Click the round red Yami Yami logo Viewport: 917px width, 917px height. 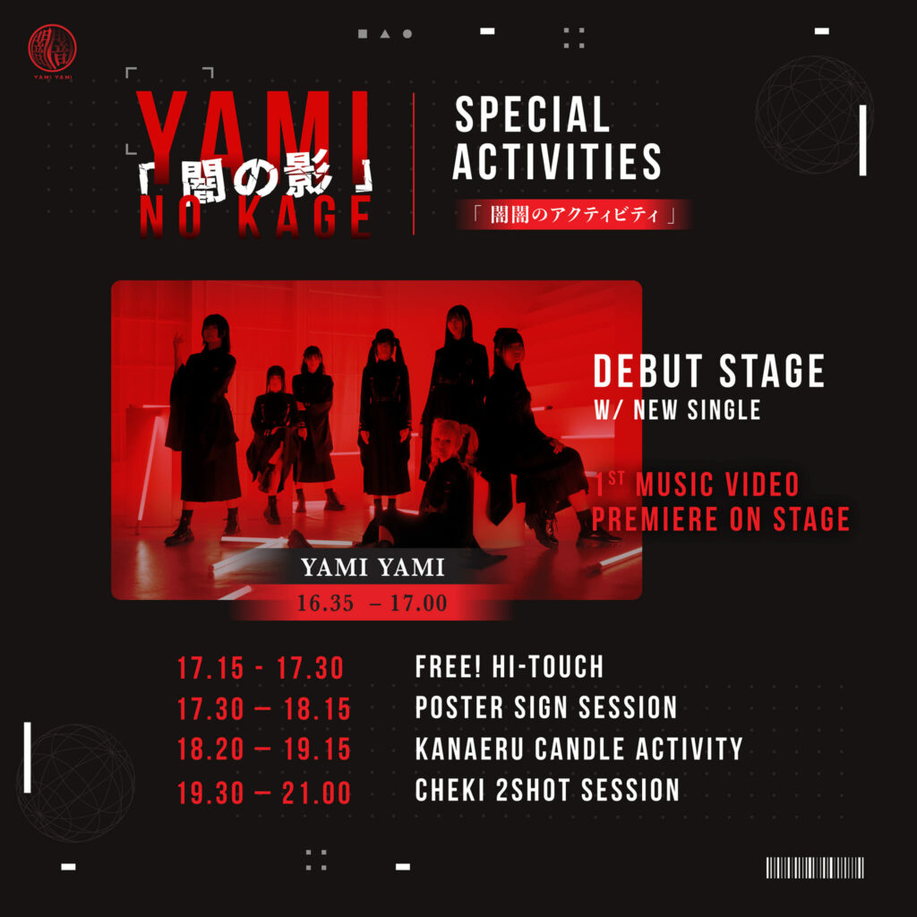click(52, 48)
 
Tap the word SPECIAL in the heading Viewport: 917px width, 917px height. click(532, 115)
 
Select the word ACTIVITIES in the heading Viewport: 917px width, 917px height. click(557, 161)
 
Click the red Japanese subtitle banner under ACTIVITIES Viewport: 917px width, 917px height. click(574, 215)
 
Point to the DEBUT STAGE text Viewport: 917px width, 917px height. click(709, 371)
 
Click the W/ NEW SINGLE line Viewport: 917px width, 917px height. click(677, 410)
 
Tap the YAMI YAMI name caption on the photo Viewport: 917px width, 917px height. click(373, 567)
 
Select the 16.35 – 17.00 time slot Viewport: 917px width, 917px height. click(372, 603)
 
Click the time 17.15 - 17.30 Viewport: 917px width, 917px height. click(261, 668)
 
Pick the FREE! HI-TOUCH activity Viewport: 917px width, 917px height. click(509, 666)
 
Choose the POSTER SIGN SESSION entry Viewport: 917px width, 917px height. click(546, 707)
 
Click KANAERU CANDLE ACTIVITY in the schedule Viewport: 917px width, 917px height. click(579, 749)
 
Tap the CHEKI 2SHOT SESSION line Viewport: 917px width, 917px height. click(547, 790)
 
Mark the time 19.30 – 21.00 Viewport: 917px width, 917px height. click(264, 793)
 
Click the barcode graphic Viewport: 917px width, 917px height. click(815, 867)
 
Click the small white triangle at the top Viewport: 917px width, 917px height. click(385, 34)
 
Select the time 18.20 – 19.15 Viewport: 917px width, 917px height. click(264, 750)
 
